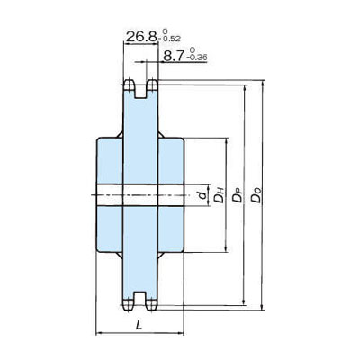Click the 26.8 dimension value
click(141, 37)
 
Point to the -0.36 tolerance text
click(197, 58)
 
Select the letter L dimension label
click(139, 325)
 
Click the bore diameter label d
click(203, 195)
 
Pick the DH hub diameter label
click(220, 195)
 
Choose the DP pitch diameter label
click(238, 195)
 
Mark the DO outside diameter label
click(256, 195)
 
